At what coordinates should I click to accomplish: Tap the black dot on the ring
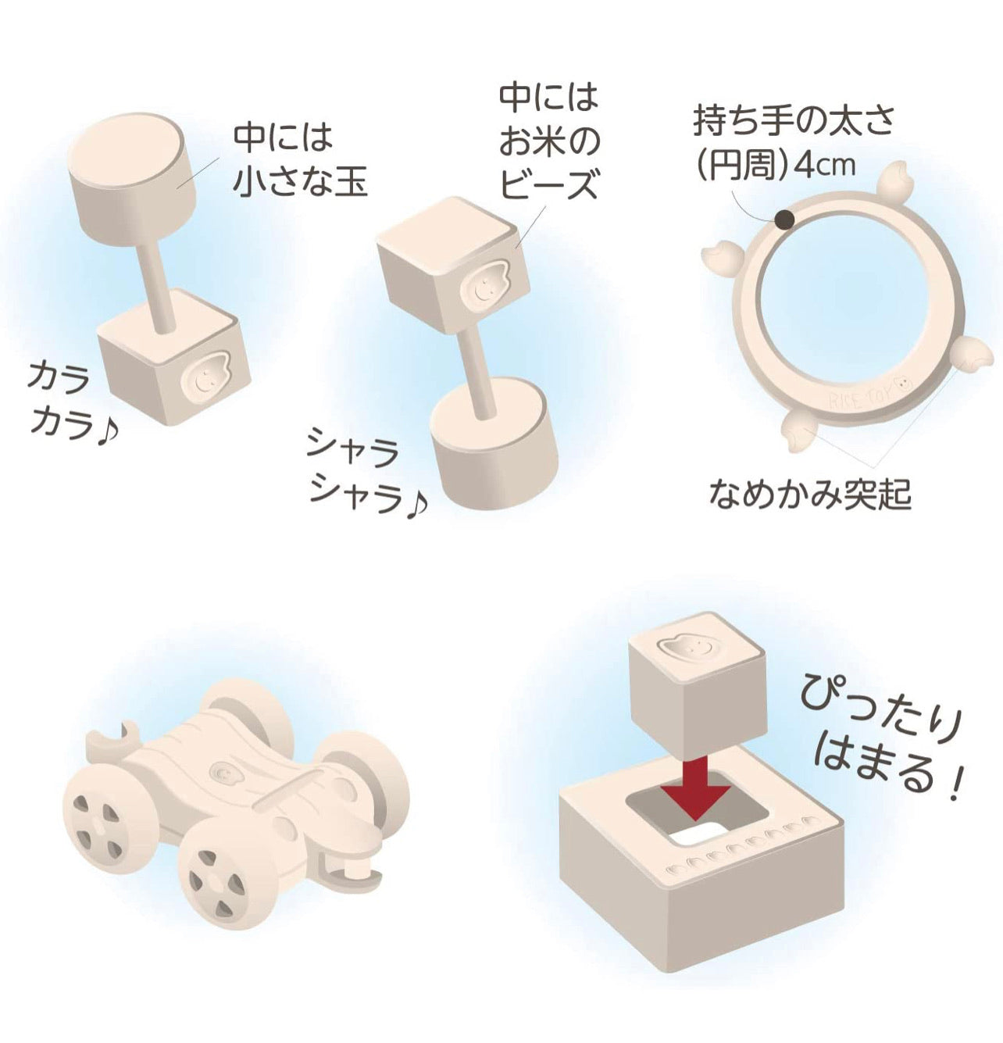coord(786,220)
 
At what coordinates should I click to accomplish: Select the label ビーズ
coord(549,184)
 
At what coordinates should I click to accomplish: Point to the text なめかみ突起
coord(809,495)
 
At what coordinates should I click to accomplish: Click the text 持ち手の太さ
coord(793,122)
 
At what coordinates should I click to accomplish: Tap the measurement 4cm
coord(825,166)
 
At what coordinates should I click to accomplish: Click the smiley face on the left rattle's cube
coord(205,376)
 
